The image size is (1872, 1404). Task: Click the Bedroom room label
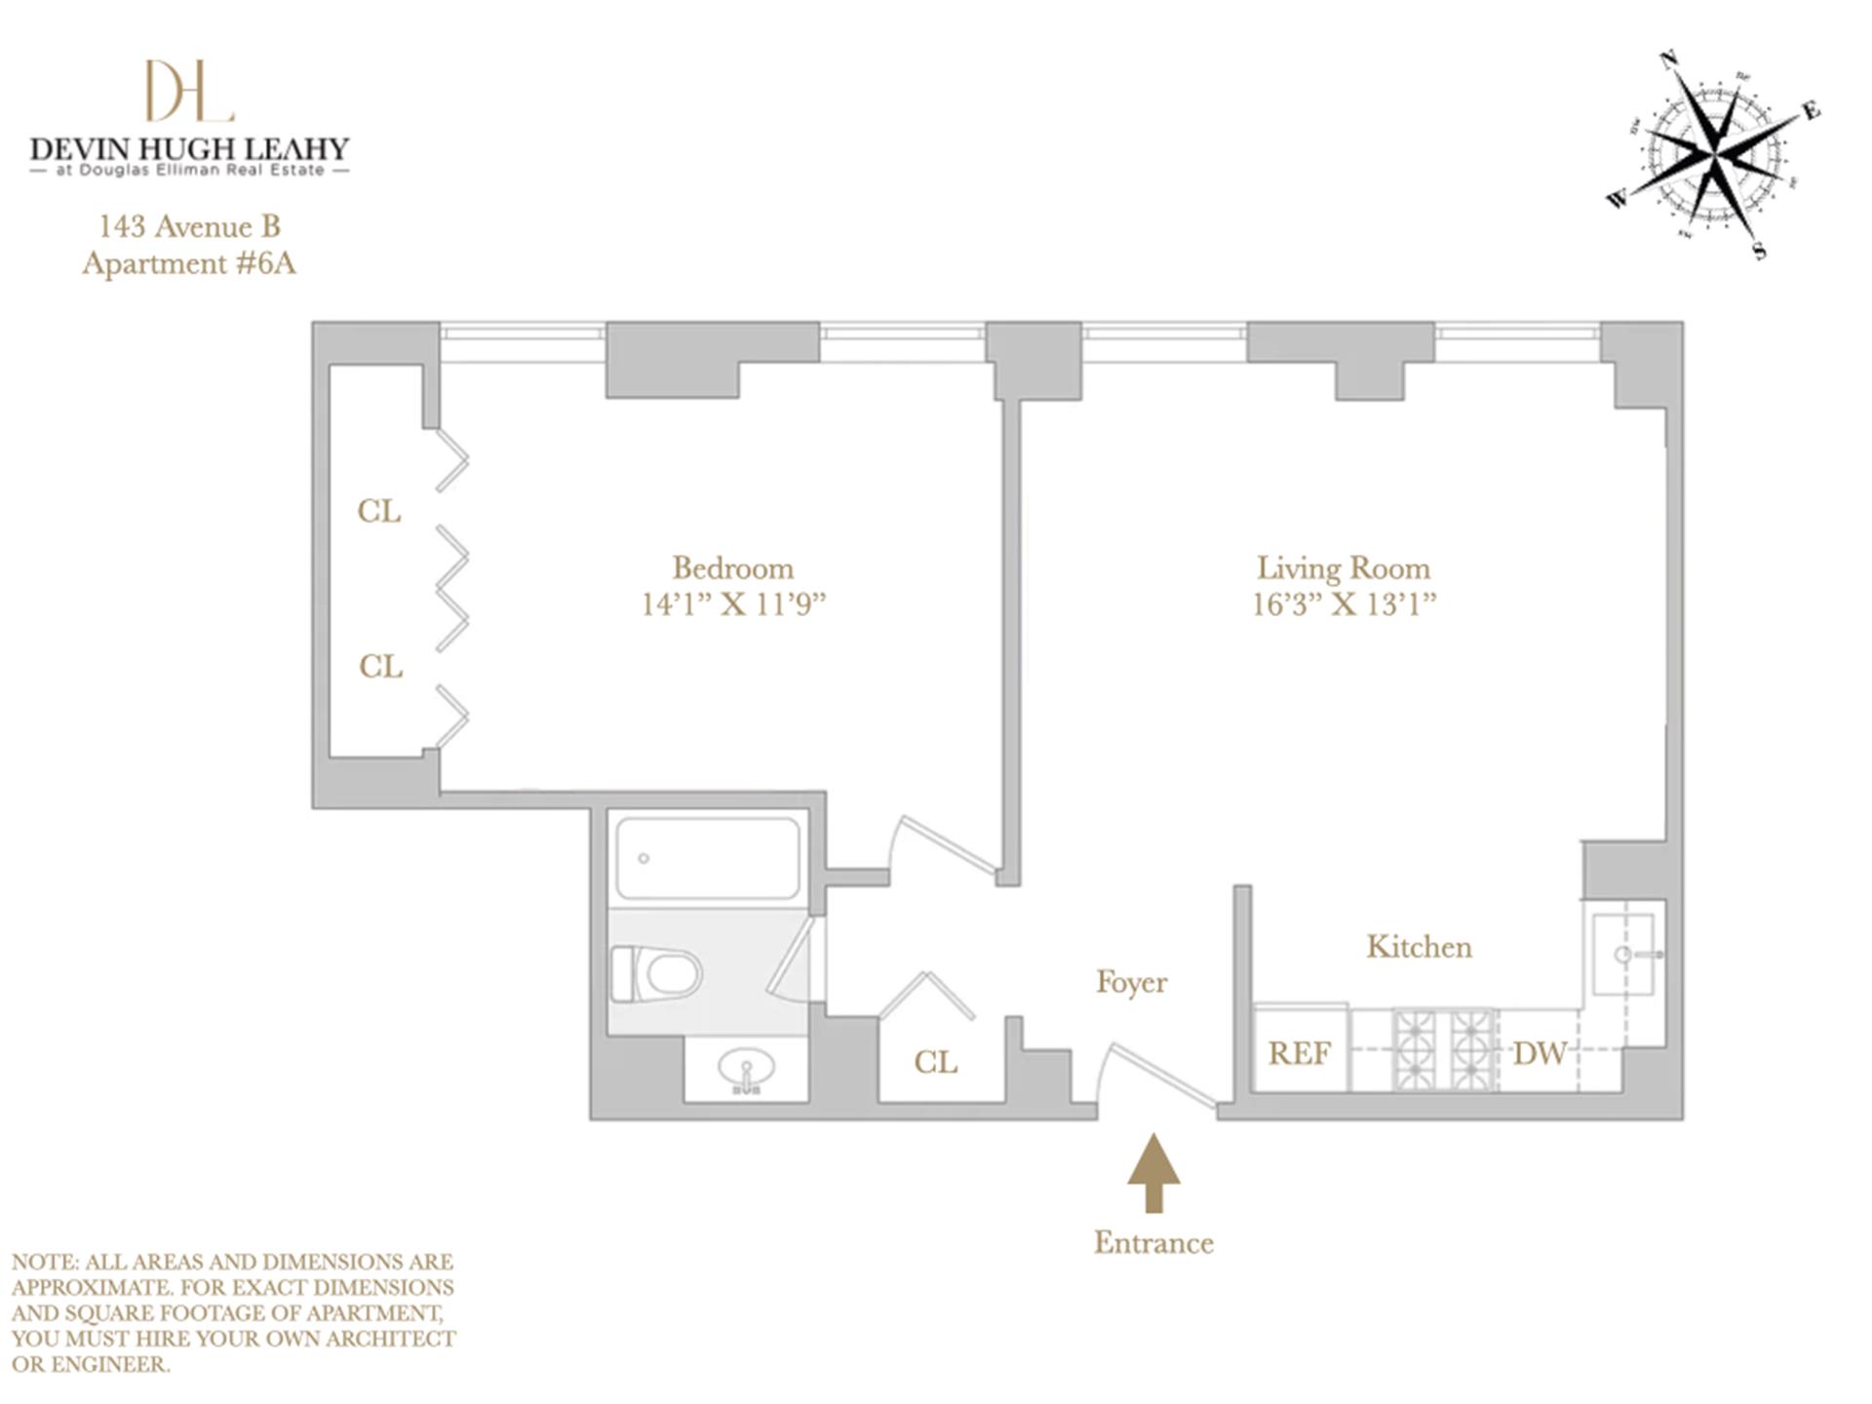pyautogui.click(x=732, y=567)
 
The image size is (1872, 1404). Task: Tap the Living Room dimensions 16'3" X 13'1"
pyautogui.click(x=1344, y=604)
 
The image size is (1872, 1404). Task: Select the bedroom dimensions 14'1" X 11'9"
pyautogui.click(x=732, y=604)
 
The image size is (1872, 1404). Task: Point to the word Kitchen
pyautogui.click(x=1419, y=947)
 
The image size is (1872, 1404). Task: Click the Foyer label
pyautogui.click(x=1131, y=982)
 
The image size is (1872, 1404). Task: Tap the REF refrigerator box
pyautogui.click(x=1300, y=1052)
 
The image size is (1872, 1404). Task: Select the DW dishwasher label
pyautogui.click(x=1540, y=1053)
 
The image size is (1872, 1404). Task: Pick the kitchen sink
pyautogui.click(x=1623, y=954)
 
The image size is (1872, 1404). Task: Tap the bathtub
pyautogui.click(x=708, y=858)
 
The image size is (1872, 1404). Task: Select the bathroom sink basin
pyautogui.click(x=746, y=1070)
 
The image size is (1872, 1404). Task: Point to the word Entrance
pyautogui.click(x=1153, y=1242)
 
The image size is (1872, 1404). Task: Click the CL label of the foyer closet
pyautogui.click(x=935, y=1062)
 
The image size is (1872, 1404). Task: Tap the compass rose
pyautogui.click(x=1714, y=154)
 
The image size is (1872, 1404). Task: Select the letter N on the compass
pyautogui.click(x=1669, y=60)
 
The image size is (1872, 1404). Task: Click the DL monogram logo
pyautogui.click(x=189, y=91)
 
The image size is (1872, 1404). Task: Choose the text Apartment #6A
pyautogui.click(x=189, y=263)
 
